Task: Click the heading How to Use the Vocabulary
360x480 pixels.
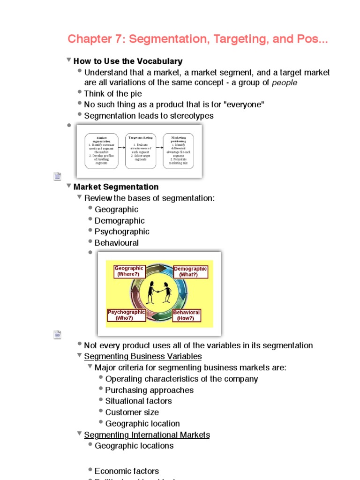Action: pos(128,61)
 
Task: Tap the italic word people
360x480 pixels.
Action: pos(285,83)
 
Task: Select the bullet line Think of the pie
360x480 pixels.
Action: pos(113,94)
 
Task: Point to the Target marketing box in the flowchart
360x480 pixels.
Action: pos(141,151)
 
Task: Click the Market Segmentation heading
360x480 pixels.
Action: pos(116,187)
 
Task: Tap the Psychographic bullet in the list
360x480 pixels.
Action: pos(122,232)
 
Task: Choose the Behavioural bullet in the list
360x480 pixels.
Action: pos(117,243)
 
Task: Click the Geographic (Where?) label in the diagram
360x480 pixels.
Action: pos(129,271)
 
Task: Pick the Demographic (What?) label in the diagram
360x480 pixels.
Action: pos(190,272)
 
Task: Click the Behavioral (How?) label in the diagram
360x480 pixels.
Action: pos(187,315)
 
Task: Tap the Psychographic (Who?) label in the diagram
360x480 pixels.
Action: pos(127,315)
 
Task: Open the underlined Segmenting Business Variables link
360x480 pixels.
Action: pos(143,357)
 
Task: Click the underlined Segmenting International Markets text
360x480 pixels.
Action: pos(147,435)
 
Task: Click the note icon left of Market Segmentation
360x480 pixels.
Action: pos(58,176)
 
